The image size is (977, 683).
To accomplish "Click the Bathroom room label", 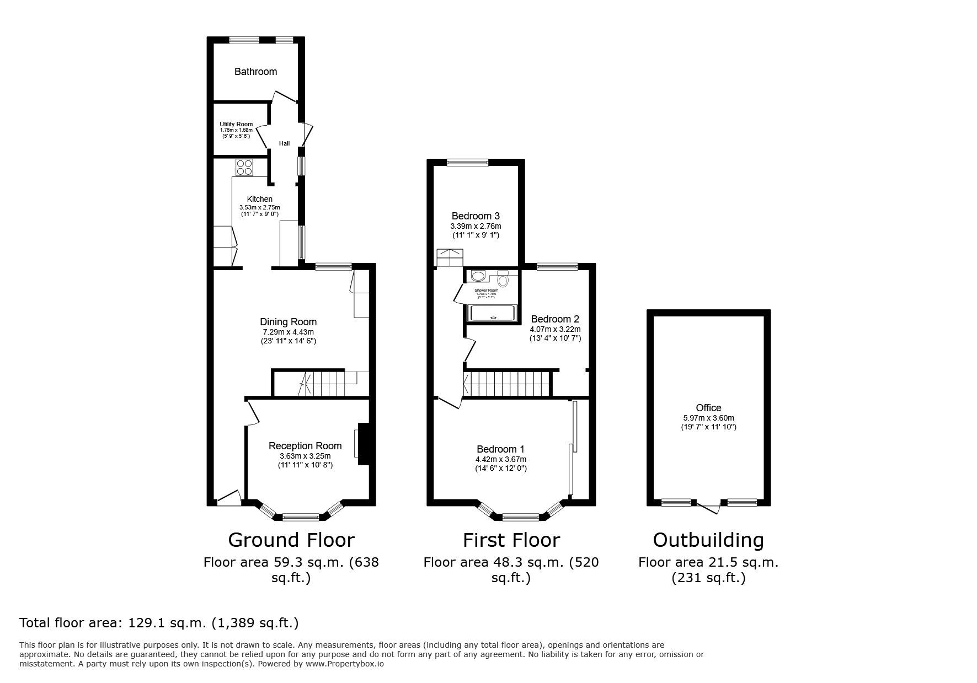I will [255, 72].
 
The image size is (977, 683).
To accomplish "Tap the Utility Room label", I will [236, 125].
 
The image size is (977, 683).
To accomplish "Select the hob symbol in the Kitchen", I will [244, 167].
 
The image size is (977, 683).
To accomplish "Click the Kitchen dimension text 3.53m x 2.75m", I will [259, 207].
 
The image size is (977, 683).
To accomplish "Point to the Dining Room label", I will [289, 322].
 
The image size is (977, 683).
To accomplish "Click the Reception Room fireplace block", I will [364, 444].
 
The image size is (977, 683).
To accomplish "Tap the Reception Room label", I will [305, 446].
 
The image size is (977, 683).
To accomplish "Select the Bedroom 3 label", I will [476, 216].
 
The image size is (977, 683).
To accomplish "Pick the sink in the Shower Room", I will [478, 276].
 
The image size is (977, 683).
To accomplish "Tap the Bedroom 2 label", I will [555, 319].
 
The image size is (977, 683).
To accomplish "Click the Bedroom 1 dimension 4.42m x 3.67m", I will [501, 459].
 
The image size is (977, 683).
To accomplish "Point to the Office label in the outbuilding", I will [708, 408].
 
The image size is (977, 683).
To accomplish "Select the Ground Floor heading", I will [291, 540].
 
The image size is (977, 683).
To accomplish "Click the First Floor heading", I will [511, 540].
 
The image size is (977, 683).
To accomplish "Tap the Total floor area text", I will [159, 623].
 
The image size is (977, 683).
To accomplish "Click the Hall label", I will [284, 143].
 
